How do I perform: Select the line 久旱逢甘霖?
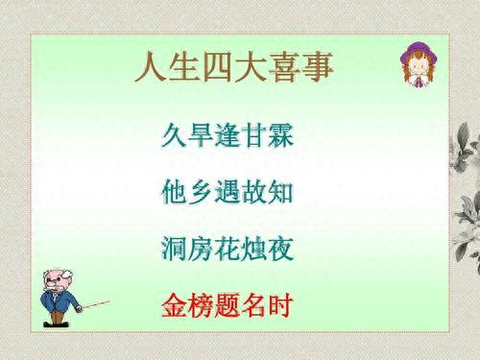coord(227,135)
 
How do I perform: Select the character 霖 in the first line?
coord(279,135)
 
